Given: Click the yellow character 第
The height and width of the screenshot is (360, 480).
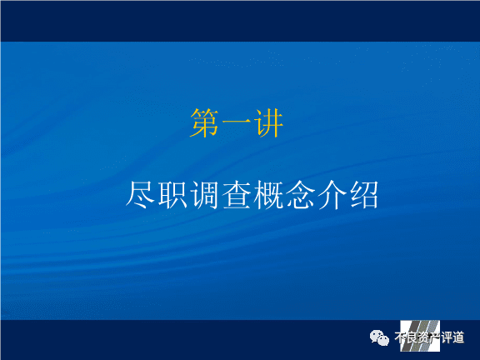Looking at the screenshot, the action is [x=204, y=123].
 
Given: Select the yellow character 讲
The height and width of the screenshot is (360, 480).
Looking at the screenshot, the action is [x=267, y=123].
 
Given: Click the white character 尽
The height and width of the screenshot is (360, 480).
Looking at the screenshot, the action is [x=140, y=195].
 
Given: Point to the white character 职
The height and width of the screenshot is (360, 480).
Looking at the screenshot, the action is [x=172, y=195].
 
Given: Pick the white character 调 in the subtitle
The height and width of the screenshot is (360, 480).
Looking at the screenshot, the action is [x=204, y=195].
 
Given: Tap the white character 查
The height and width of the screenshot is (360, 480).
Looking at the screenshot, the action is [x=237, y=195].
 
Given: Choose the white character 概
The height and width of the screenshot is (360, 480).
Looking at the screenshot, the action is [x=268, y=195].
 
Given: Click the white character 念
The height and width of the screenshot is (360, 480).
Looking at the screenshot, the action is [x=300, y=195].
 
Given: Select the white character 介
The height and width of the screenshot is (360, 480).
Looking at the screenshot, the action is [x=332, y=195].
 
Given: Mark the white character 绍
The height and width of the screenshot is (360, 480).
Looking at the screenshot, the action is [x=364, y=195].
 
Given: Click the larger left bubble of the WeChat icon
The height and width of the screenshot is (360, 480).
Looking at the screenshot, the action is [x=377, y=336].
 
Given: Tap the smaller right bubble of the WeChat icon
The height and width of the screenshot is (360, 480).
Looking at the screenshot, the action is [x=382, y=340].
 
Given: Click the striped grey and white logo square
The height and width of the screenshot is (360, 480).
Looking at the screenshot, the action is [x=420, y=336].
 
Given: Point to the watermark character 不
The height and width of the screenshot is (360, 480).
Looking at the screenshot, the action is [x=400, y=337].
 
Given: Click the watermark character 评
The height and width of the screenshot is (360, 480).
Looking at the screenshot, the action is [x=447, y=337].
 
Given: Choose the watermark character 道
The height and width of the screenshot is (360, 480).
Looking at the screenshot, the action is [x=458, y=337].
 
